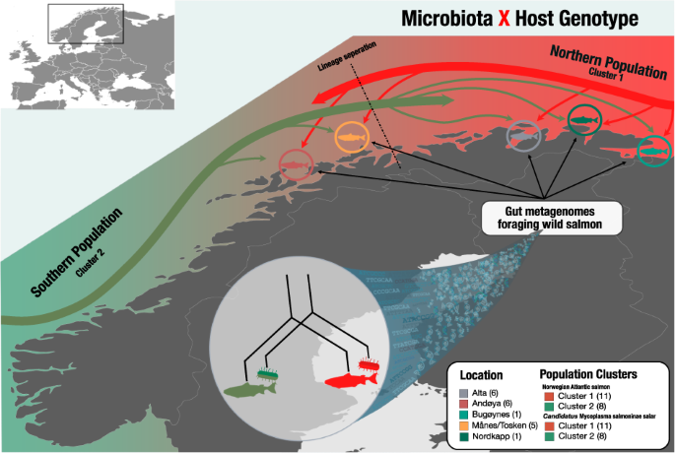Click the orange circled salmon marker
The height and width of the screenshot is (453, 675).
(x=352, y=136)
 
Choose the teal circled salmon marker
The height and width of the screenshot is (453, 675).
(x=654, y=150)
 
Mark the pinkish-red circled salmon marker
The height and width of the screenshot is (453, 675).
(x=295, y=162)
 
